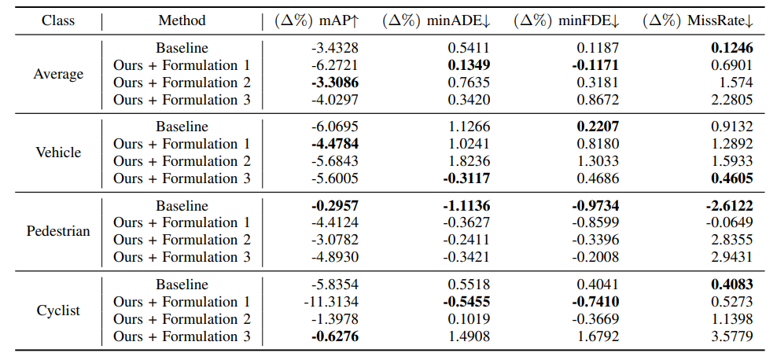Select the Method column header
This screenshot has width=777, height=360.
[182, 20]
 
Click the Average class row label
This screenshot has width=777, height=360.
[58, 74]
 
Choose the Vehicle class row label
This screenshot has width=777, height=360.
[58, 152]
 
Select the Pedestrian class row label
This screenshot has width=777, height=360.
[58, 231]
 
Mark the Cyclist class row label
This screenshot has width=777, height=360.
[58, 310]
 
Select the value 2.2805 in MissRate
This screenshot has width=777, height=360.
[731, 100]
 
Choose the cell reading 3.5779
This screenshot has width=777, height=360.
[731, 336]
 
